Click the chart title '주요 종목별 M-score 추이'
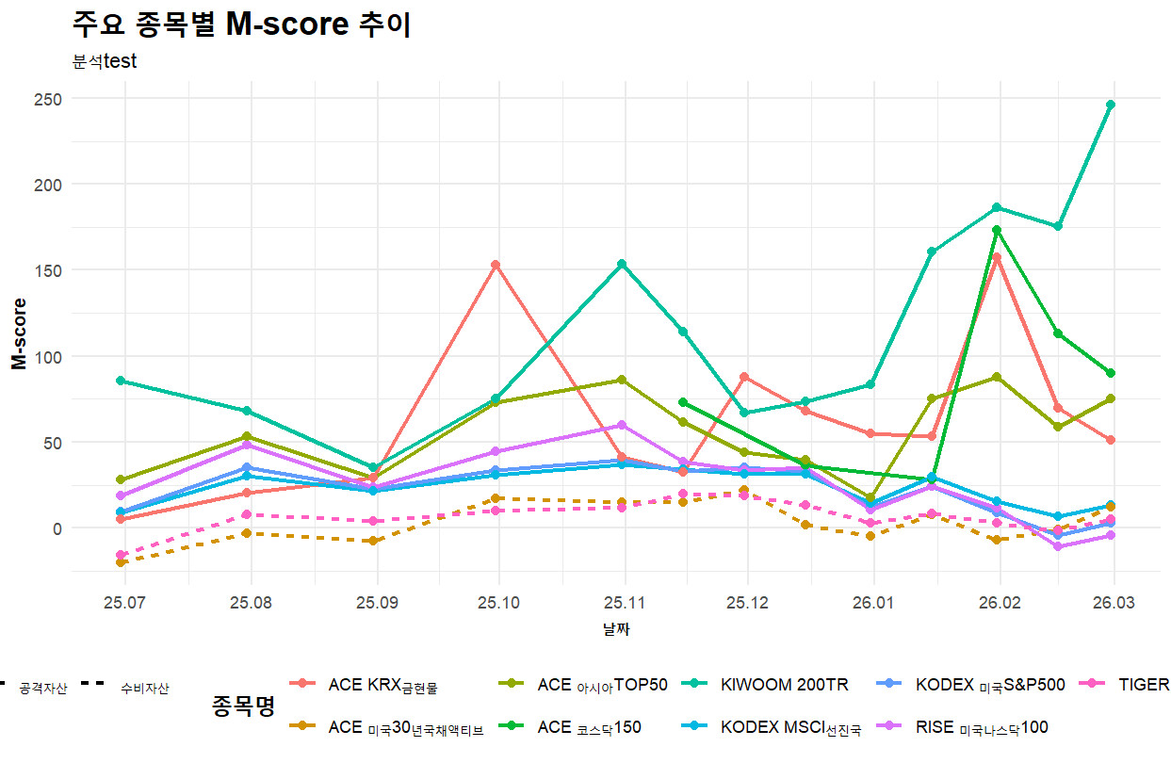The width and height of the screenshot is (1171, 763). point(241,25)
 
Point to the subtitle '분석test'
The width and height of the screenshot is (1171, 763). point(105,62)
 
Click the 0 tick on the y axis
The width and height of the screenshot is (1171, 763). point(56,528)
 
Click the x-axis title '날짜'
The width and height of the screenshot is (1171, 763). point(616,629)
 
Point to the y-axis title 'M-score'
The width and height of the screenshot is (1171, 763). point(19,333)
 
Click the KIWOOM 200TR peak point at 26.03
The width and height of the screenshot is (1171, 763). point(1111,105)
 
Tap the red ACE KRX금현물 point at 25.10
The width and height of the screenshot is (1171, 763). point(496,265)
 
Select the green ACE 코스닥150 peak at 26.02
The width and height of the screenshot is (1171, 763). point(997,230)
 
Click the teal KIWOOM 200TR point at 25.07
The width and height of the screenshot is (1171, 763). point(122,381)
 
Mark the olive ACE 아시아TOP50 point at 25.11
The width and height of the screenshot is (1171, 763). point(622,380)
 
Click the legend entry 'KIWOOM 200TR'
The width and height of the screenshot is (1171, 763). point(785,685)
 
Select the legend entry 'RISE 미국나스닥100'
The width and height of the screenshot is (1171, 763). point(982,727)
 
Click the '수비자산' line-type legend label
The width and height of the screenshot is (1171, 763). point(144,690)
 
